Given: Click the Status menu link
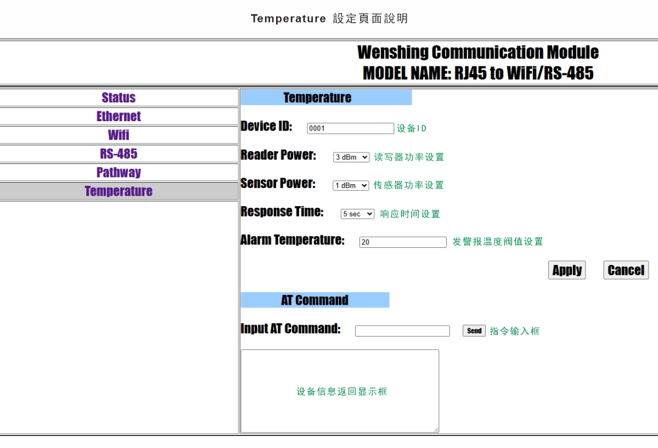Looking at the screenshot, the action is tap(119, 98).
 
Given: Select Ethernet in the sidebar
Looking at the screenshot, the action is tap(119, 116).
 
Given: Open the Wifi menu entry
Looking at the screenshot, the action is tap(119, 135).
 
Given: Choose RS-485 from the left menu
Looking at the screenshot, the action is tap(119, 154).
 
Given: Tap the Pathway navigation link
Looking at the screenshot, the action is tap(119, 172).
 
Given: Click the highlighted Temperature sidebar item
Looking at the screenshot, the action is tap(119, 191).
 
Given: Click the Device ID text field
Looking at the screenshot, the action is tap(350, 128).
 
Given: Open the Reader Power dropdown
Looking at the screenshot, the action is tap(351, 157).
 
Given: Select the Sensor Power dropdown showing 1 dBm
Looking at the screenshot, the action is tap(351, 185).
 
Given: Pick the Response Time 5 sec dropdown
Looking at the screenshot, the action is tap(357, 214).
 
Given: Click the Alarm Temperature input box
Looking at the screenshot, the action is tap(403, 242).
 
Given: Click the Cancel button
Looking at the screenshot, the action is tap(626, 270).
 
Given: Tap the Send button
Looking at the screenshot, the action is tap(474, 331).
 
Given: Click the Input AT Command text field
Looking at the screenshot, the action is tap(402, 331).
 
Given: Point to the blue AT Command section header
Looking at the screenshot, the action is tap(315, 300).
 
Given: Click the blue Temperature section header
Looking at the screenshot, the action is tap(326, 97).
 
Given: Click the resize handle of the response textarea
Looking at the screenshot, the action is tap(436, 429).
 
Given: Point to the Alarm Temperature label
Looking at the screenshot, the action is tap(293, 240).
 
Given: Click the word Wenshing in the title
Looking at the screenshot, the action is tap(392, 53).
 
